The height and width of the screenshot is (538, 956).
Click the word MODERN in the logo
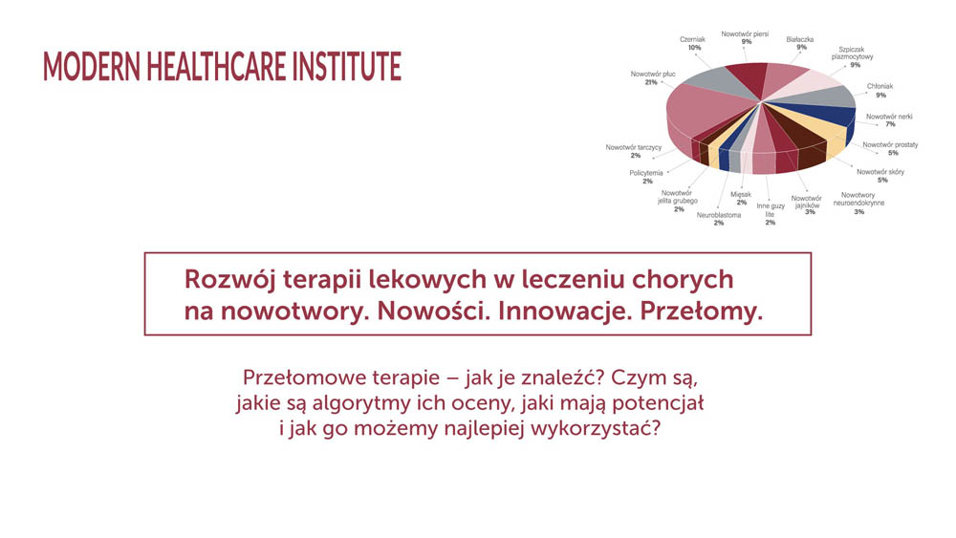coord(92,66)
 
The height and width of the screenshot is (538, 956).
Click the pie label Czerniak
coord(692,39)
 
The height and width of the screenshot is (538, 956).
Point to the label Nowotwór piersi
coord(745,34)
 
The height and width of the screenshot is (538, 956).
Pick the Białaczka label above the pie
coord(800,39)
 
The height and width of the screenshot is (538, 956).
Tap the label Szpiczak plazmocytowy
coord(852,53)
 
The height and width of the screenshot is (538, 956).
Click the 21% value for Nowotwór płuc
coord(651,82)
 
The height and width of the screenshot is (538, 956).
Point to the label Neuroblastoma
coord(719,215)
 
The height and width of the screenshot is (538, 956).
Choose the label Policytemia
coord(646,173)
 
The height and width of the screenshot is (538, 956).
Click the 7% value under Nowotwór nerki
coord(890,124)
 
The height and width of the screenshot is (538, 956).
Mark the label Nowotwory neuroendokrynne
coord(858,199)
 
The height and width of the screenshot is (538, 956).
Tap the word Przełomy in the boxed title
coord(701,312)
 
